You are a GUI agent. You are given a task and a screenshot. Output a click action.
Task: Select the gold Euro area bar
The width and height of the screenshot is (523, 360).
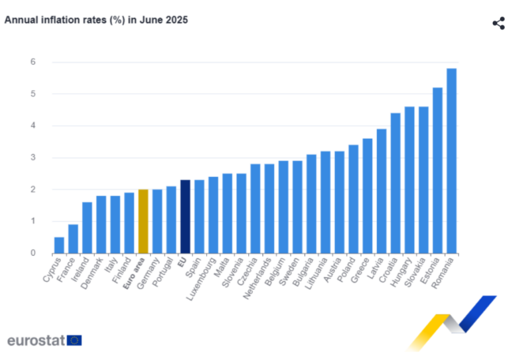[x=143, y=221]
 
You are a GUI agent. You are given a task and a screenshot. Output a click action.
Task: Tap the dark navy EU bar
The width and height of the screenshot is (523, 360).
[x=185, y=216]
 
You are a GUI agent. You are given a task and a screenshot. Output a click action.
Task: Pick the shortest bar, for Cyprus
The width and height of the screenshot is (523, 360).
[x=59, y=245]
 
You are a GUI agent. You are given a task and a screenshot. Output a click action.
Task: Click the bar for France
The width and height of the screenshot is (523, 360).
[x=73, y=238]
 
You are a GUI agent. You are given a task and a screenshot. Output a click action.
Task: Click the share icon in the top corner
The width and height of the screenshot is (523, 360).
[x=499, y=23]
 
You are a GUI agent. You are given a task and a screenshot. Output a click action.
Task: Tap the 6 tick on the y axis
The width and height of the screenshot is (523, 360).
[x=32, y=62]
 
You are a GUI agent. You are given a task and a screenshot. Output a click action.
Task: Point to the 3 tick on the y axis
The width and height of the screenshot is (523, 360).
[x=32, y=157]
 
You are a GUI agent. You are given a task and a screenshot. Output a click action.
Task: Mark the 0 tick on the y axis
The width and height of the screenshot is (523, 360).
[x=32, y=253]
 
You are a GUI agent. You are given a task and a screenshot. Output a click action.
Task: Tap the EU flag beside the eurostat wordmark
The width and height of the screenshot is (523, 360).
[x=74, y=340]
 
